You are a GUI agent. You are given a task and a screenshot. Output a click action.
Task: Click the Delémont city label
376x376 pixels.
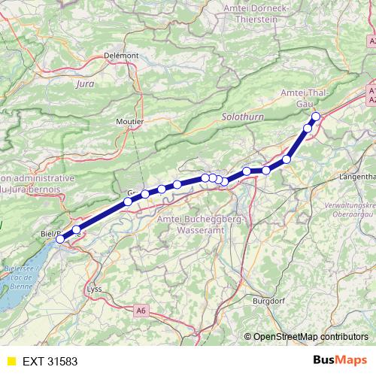tap(121, 55)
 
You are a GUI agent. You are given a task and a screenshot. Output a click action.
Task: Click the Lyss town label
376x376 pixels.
tap(95, 289)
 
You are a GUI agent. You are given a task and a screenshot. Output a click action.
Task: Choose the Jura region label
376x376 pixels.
tap(85, 83)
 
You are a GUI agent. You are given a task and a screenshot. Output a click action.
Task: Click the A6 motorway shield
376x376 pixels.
tap(141, 310)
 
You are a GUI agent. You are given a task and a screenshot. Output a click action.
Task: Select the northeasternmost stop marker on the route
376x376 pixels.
tap(316, 116)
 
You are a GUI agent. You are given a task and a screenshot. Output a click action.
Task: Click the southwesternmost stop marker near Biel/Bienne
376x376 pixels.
tap(60, 240)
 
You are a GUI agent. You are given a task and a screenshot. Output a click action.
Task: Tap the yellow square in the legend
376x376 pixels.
tap(11, 361)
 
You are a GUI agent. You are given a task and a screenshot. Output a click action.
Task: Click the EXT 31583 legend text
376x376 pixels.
tap(50, 361)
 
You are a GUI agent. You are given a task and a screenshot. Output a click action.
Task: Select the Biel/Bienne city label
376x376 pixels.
tap(59, 234)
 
